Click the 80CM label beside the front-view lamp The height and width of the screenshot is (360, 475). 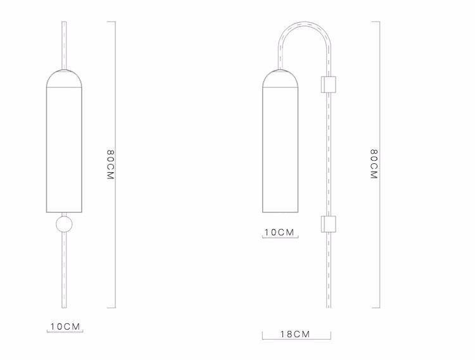pyautogui.click(x=110, y=165)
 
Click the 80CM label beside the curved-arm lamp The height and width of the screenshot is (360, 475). pyautogui.click(x=374, y=165)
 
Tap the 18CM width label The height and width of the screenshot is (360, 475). pyautogui.click(x=296, y=334)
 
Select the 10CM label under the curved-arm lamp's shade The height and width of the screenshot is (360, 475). pyautogui.click(x=280, y=232)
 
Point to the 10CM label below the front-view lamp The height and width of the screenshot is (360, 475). pyautogui.click(x=66, y=326)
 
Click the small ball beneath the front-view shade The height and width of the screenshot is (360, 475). pyautogui.click(x=64, y=224)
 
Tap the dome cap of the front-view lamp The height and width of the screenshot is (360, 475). pyautogui.click(x=64, y=77)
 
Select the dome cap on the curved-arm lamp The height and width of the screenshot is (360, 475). pyautogui.click(x=280, y=77)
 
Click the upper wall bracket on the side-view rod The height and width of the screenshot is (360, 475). pyautogui.click(x=329, y=84)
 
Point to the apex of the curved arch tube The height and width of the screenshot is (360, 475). pyautogui.click(x=305, y=23)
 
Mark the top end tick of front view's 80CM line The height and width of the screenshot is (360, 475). pyautogui.click(x=111, y=22)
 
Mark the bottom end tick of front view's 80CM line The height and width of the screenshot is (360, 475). pyautogui.click(x=111, y=308)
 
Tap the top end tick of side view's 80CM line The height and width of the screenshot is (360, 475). pyautogui.click(x=376, y=22)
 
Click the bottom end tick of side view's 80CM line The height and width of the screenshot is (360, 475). pyautogui.click(x=376, y=308)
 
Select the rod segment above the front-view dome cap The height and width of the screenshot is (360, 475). pyautogui.click(x=64, y=44)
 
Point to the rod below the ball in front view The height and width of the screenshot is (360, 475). pyautogui.click(x=64, y=272)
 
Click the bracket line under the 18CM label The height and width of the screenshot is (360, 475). pyautogui.click(x=296, y=340)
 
